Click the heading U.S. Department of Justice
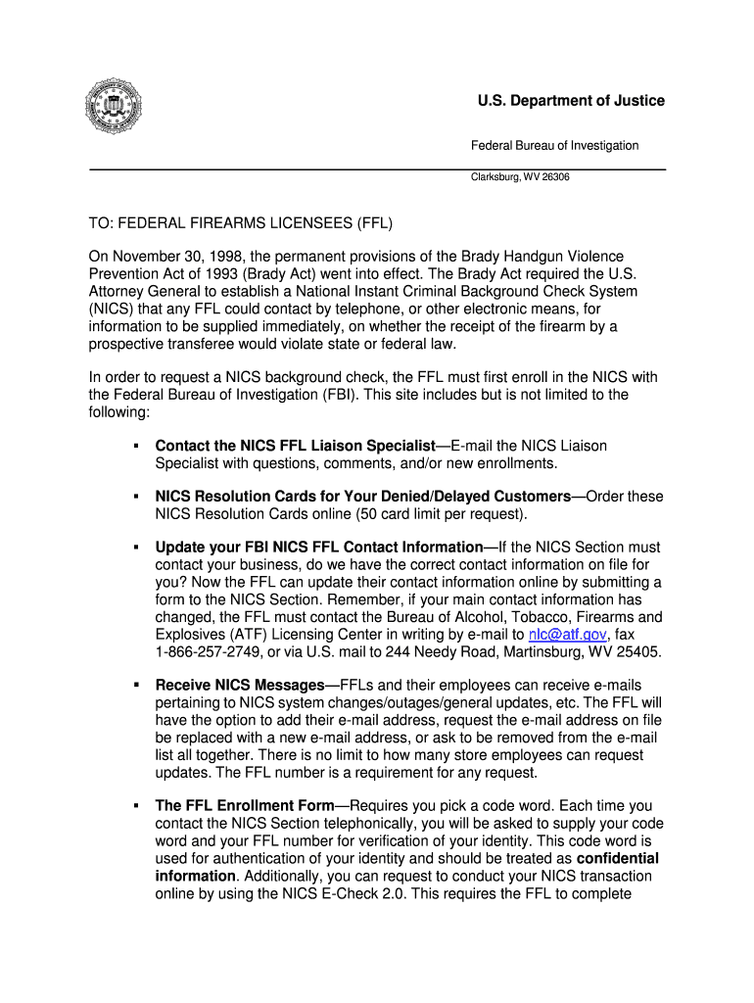[571, 101]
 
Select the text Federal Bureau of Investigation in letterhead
[554, 145]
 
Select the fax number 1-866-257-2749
[206, 652]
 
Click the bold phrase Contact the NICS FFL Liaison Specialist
[295, 446]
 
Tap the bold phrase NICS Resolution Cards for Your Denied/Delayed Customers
[362, 497]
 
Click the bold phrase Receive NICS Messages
[240, 685]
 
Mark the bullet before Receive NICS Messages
[134, 685]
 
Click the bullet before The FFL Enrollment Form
[134, 805]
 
